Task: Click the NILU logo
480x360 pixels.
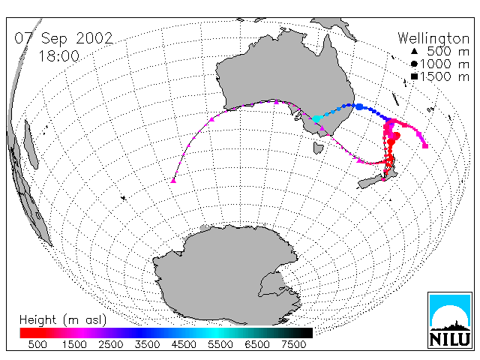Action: pos(450,320)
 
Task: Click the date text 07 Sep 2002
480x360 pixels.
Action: pos(64,38)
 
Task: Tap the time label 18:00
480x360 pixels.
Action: pos(58,56)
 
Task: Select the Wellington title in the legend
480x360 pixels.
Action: pos(433,39)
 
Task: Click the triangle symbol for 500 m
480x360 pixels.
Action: pos(414,51)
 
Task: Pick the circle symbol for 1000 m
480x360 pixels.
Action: pos(414,64)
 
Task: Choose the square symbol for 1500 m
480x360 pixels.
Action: pos(414,76)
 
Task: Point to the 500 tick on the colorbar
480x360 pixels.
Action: pos(37,345)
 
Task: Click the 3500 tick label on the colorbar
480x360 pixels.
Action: pos(147,345)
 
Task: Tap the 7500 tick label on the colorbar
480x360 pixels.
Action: pos(293,345)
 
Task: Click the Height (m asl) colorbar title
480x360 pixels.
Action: pos(63,320)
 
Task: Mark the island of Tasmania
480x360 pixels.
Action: pos(318,148)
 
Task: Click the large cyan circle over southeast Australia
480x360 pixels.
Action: pos(316,118)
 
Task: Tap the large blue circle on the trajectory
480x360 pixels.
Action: pos(359,106)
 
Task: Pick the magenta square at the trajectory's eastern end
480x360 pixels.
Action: pos(425,146)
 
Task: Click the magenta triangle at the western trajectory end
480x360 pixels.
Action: pos(173,181)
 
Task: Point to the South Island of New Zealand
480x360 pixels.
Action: pos(371,181)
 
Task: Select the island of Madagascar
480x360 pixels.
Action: pos(31,144)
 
